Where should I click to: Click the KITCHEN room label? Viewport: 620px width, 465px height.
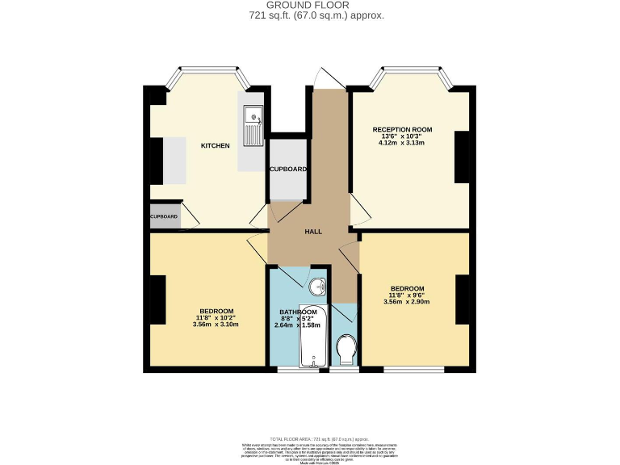pos(216,145)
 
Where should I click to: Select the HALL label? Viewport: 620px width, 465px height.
pos(313,232)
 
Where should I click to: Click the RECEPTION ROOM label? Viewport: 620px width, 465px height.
pos(402,129)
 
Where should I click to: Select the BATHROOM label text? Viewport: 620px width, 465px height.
pos(298,312)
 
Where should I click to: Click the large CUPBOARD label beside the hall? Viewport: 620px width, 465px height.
pos(288,169)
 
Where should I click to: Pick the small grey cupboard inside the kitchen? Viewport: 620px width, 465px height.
pos(164,216)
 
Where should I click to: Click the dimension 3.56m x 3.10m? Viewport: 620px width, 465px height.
pos(216,325)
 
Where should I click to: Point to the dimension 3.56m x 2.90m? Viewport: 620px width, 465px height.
pos(407,302)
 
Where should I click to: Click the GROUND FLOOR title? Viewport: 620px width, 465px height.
pos(311,5)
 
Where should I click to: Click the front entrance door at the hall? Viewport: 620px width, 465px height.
pos(325,79)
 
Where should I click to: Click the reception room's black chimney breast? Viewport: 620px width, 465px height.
pos(462,157)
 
